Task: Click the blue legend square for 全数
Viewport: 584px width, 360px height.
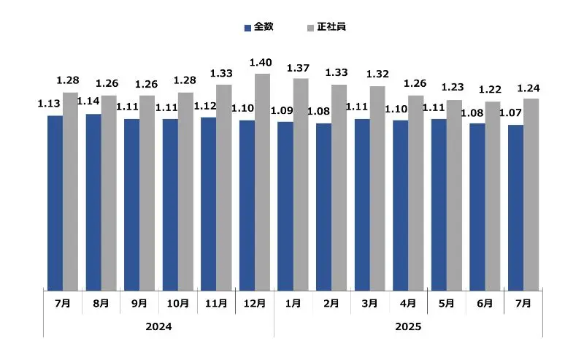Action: pos(248,27)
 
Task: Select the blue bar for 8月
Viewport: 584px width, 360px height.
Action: pos(93,202)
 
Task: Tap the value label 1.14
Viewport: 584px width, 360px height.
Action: pos(88,102)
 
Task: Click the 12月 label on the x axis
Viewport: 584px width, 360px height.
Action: pos(254,303)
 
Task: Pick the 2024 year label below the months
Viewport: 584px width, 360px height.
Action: pos(158,326)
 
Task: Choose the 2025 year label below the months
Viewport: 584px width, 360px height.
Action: pos(408,326)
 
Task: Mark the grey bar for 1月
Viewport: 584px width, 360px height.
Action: pos(301,184)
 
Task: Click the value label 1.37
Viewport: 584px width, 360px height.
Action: pos(300,69)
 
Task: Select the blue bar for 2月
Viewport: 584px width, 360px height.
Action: pos(323,207)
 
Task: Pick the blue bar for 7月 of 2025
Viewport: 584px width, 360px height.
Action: pos(515,207)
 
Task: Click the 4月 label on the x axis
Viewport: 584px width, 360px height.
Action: pos(408,303)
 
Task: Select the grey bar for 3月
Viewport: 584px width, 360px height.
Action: pos(377,188)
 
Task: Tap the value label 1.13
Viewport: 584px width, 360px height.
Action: pos(50,104)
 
